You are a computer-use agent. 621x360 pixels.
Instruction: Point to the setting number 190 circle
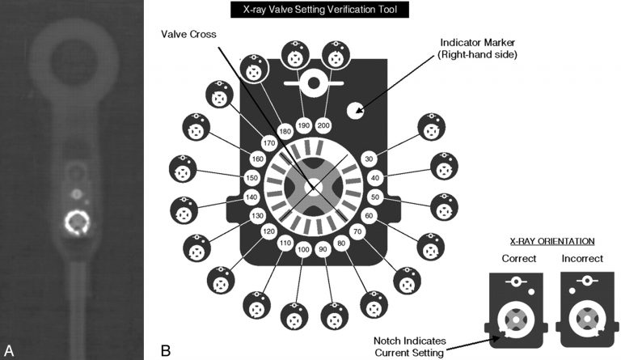304,126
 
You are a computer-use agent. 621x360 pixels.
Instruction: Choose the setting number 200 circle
323,126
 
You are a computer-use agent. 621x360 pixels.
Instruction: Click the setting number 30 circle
370,159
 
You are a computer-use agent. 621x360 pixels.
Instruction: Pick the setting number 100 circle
304,249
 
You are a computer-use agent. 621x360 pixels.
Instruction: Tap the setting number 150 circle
251,178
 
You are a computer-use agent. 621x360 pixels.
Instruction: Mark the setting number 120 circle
268,232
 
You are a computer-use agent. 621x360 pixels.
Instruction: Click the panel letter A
10,350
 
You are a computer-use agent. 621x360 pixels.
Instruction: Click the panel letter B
167,350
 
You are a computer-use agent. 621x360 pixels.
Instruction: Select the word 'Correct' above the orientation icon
519,260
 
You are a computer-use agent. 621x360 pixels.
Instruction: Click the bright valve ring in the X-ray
77,221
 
